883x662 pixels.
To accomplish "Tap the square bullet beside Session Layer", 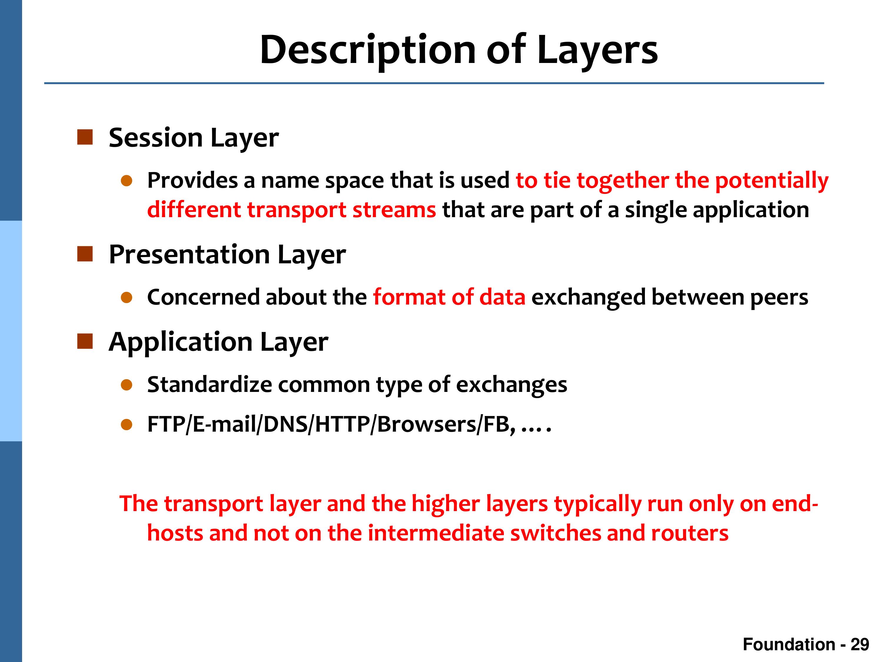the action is pos(85,137).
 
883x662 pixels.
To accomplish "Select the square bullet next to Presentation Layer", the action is pos(85,254).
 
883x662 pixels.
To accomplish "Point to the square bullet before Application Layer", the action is pos(85,342).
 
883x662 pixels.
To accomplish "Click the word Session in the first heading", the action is pos(156,138).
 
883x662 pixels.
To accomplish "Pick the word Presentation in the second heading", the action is pos(190,255).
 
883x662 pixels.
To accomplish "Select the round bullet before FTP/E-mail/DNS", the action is pos(127,425).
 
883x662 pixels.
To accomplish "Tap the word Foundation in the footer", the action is pos(789,644).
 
